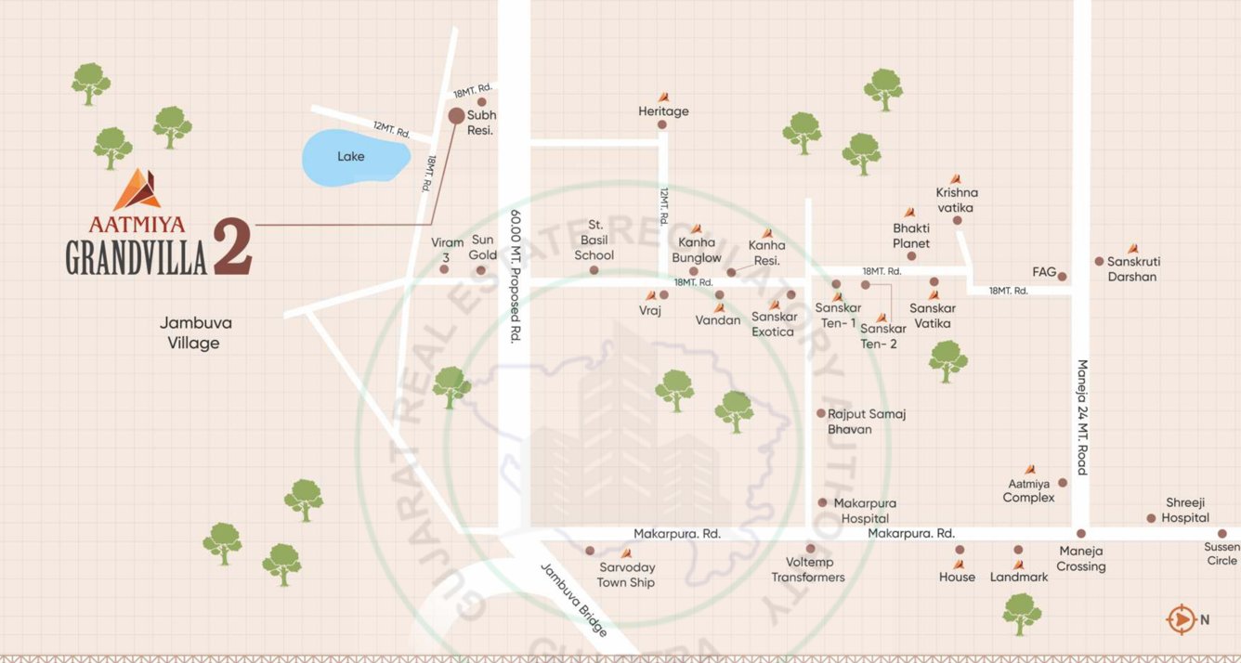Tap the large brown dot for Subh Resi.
pyautogui.click(x=456, y=116)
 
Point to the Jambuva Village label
pyautogui.click(x=195, y=333)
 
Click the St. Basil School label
pyautogui.click(x=594, y=240)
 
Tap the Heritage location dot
pyautogui.click(x=662, y=124)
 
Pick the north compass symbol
pyautogui.click(x=1181, y=618)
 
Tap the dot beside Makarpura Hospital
pyautogui.click(x=822, y=502)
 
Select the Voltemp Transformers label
pyautogui.click(x=808, y=569)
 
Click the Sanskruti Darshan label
pyautogui.click(x=1133, y=268)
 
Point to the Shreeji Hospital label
pyautogui.click(x=1186, y=510)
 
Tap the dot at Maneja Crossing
pyautogui.click(x=1081, y=534)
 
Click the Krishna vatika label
pyautogui.click(x=956, y=201)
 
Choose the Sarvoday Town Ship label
pyautogui.click(x=625, y=575)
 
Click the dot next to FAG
pyautogui.click(x=1062, y=277)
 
